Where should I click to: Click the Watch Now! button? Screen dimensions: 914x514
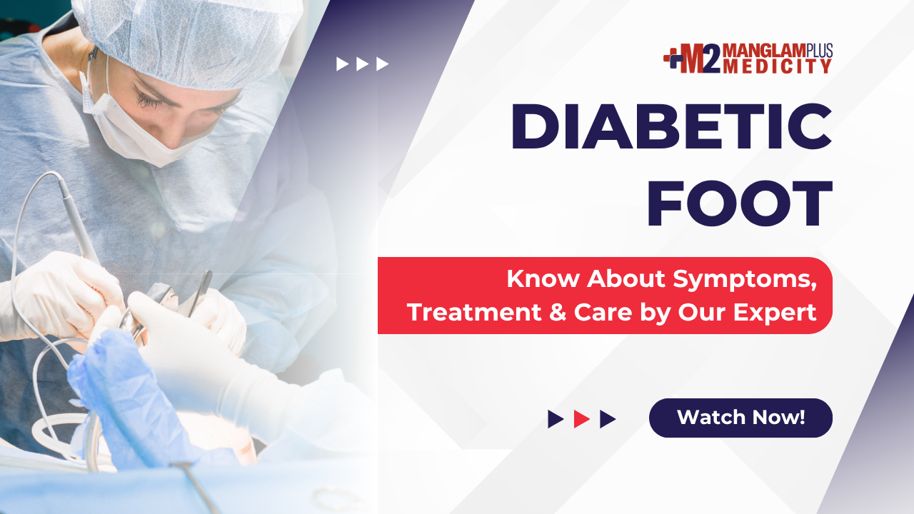pos(740,418)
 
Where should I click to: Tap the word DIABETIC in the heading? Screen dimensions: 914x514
pos(671,127)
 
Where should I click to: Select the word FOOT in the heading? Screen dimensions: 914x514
pos(740,203)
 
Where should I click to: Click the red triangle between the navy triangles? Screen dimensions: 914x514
pos(581,419)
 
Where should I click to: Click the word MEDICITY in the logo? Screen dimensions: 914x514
pos(778,66)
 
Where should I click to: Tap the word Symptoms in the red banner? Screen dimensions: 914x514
pos(745,280)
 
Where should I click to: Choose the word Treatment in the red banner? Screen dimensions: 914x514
pos(474,313)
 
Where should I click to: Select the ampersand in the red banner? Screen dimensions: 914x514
pos(558,313)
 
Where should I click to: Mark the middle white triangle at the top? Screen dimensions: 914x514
pos(362,64)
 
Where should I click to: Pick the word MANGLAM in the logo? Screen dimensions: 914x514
pos(765,51)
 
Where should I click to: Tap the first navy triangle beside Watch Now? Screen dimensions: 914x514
pos(556,419)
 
